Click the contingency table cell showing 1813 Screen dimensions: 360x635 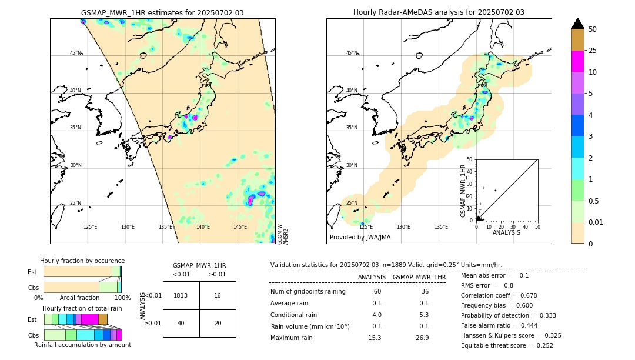pyautogui.click(x=181, y=295)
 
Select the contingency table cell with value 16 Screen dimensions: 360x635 pyautogui.click(x=218, y=295)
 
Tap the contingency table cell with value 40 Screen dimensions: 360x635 pyautogui.click(x=181, y=323)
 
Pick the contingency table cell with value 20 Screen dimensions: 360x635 pyautogui.click(x=218, y=323)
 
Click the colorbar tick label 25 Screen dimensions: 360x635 pyautogui.click(x=593, y=51)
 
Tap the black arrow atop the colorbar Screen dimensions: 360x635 pyautogui.click(x=578, y=24)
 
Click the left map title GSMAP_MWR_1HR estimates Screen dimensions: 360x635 pyautogui.click(x=162, y=12)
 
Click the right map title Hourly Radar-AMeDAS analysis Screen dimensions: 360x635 pyautogui.click(x=439, y=12)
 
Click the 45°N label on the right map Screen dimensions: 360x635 pyautogui.click(x=352, y=53)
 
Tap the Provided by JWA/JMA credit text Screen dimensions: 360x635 pyautogui.click(x=360, y=237)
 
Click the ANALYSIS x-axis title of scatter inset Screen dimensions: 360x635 pyautogui.click(x=506, y=232)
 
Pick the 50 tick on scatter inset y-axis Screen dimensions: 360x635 pyautogui.click(x=470, y=159)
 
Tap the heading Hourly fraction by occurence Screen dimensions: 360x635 pyautogui.click(x=82, y=261)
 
